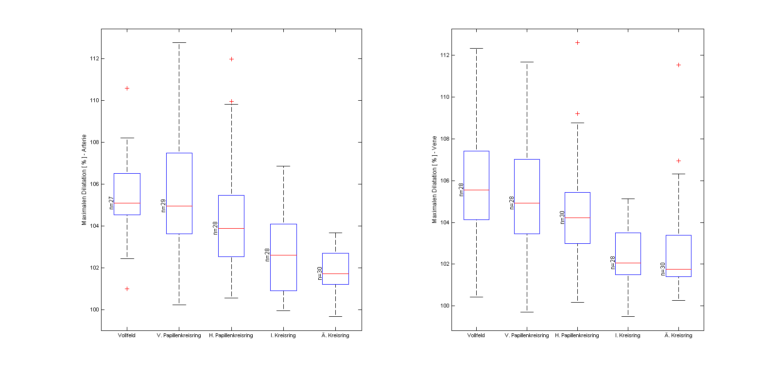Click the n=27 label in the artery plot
[x=111, y=203]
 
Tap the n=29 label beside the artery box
[x=163, y=206]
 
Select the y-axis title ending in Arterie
[x=84, y=180]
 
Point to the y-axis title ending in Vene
[x=434, y=180]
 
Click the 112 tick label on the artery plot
[x=94, y=58]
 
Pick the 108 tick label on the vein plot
[x=445, y=139]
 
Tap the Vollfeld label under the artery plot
[x=127, y=335]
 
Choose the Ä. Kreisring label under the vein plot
[x=678, y=335]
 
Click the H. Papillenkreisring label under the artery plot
[x=231, y=335]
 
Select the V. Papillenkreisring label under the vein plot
[x=527, y=335]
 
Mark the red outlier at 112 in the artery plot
[x=231, y=59]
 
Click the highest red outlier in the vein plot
[x=577, y=43]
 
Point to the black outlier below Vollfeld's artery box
[x=127, y=289]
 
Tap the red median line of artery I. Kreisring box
[x=283, y=255]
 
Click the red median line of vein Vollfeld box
[x=476, y=190]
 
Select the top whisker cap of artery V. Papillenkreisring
[x=179, y=43]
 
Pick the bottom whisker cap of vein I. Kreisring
[x=628, y=316]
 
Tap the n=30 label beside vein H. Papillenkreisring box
[x=562, y=217]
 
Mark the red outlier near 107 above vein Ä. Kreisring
[x=678, y=161]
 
